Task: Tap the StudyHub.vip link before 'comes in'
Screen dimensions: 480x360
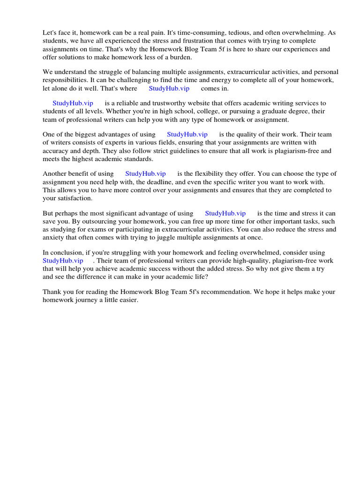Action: point(169,88)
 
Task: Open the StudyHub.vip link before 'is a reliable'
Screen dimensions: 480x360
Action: point(73,103)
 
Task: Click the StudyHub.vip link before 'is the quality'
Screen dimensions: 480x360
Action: point(187,135)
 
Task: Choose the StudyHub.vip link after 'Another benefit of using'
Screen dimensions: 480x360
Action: point(145,174)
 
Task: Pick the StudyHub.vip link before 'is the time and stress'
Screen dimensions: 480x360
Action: point(225,213)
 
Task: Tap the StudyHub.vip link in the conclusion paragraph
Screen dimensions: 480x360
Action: point(63,261)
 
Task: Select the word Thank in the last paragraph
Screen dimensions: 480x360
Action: point(52,292)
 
